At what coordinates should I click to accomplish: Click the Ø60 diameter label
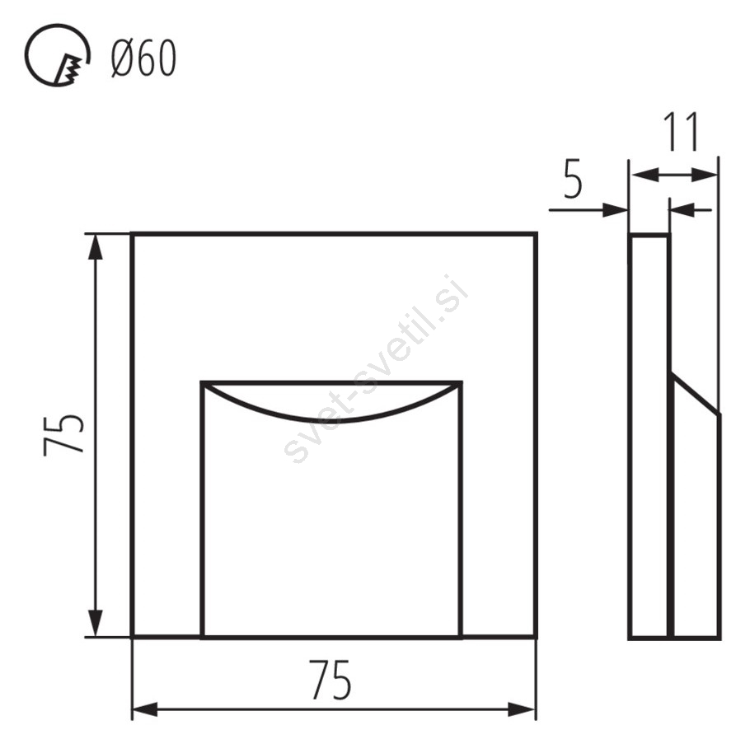pyautogui.click(x=144, y=58)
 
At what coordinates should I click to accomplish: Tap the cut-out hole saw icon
pyautogui.click(x=57, y=55)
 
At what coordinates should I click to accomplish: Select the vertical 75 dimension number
pyautogui.click(x=64, y=435)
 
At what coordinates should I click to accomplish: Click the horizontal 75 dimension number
pyautogui.click(x=330, y=680)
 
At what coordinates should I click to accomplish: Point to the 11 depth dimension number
pyautogui.click(x=682, y=131)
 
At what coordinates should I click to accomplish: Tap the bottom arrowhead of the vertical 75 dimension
pyautogui.click(x=96, y=624)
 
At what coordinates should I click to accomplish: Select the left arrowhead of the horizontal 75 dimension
pyautogui.click(x=145, y=709)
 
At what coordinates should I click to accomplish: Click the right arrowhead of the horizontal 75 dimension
pyautogui.click(x=522, y=709)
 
